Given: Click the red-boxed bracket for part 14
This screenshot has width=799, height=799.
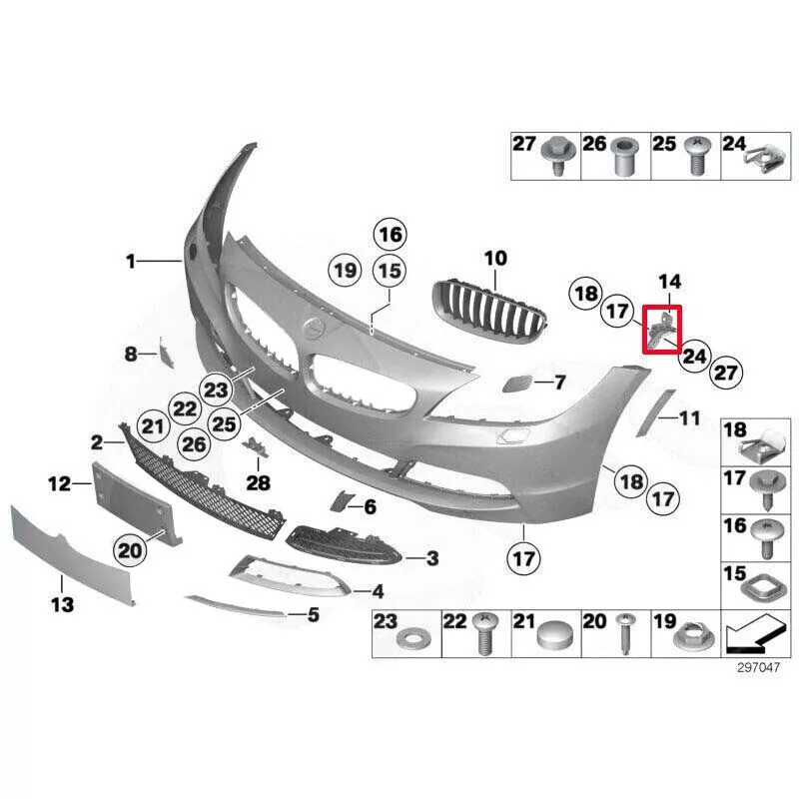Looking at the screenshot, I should click(x=660, y=329).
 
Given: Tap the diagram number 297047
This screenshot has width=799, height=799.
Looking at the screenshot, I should click(x=757, y=670).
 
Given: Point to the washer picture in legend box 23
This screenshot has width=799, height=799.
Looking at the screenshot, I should click(x=409, y=637).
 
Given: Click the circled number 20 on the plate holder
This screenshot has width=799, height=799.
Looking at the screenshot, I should click(x=130, y=548).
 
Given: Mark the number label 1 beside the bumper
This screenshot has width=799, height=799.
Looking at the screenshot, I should click(x=131, y=262).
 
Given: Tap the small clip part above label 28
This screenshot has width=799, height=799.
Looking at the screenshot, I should click(x=256, y=449).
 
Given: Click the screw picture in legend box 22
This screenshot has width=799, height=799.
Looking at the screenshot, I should click(x=486, y=634).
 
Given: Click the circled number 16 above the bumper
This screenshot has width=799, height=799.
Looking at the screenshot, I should click(x=390, y=236).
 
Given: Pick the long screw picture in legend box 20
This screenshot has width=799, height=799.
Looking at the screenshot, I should click(x=627, y=636).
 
